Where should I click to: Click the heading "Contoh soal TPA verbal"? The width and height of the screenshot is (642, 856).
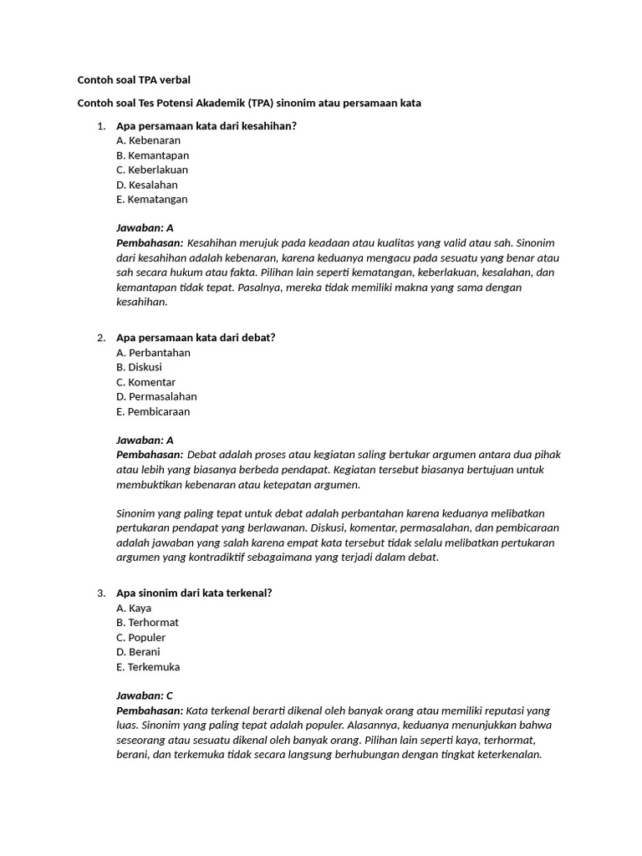click(x=134, y=80)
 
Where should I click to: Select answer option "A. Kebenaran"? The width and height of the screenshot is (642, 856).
click(x=148, y=140)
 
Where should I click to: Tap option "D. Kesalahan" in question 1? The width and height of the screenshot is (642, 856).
click(x=146, y=185)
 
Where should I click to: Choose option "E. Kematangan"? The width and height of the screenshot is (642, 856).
click(x=152, y=200)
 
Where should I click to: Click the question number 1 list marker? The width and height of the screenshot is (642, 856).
click(x=100, y=126)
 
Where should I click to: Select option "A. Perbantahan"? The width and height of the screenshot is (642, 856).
click(x=153, y=353)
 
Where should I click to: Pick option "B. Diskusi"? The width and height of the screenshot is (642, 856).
click(x=139, y=367)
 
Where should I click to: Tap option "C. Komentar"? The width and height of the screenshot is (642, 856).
click(x=145, y=382)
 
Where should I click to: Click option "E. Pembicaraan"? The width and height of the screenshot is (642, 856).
click(x=153, y=411)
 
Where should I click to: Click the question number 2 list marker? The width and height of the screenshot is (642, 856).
click(x=100, y=338)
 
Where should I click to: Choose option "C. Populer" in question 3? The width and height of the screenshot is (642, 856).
click(x=141, y=638)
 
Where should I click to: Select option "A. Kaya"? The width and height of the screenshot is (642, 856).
click(x=134, y=609)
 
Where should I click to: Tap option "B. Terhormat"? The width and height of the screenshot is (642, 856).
click(x=147, y=623)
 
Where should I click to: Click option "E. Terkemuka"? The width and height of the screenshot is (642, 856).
click(x=148, y=667)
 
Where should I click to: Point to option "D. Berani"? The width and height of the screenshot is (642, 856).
click(x=138, y=652)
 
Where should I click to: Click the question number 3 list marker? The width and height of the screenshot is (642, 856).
click(x=100, y=594)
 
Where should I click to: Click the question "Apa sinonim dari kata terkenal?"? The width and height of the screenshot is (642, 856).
click(x=194, y=594)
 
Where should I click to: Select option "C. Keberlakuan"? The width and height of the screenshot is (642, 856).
click(x=152, y=170)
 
